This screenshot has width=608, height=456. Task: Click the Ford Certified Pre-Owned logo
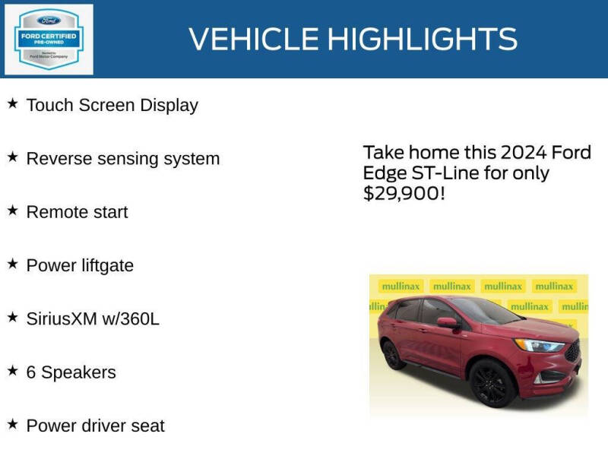[49, 39]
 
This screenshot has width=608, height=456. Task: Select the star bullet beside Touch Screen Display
[12, 103]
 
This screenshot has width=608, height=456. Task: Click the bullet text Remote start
[77, 212]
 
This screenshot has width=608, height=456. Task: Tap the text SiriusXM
[61, 319]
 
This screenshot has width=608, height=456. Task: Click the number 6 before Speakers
[31, 372]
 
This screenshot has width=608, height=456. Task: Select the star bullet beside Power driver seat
[12, 424]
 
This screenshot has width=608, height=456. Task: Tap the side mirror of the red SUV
[448, 323]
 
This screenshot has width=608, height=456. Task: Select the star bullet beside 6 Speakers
[12, 371]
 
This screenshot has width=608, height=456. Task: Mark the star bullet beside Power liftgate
[12, 264]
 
